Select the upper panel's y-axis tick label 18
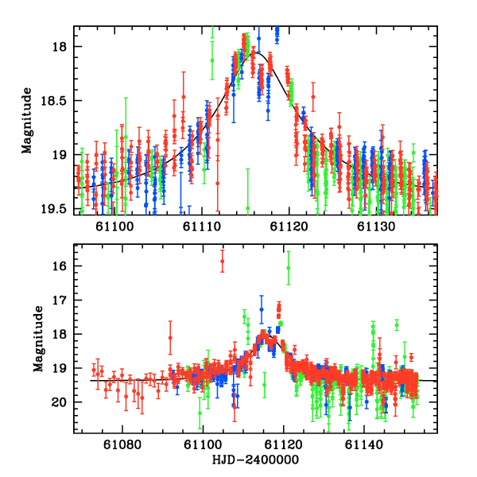pos(64,47)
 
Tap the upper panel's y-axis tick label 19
pos(64,155)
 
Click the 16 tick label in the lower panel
pos(64,266)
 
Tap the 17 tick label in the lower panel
pos(64,301)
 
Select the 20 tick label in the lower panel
pos(64,403)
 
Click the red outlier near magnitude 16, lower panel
pos(223,261)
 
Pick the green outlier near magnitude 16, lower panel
pos(288,269)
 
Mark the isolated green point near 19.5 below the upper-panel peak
pos(247,208)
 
